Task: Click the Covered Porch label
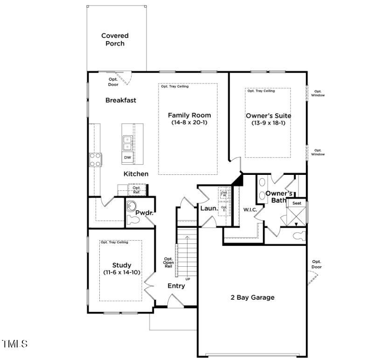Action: [115, 40]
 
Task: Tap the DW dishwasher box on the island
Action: [127, 158]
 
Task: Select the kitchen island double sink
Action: [127, 143]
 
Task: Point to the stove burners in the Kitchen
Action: [96, 159]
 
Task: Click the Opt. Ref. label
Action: [136, 190]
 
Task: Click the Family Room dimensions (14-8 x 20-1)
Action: [189, 123]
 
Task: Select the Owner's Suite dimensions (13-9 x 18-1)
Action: [268, 123]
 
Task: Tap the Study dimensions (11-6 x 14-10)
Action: [122, 272]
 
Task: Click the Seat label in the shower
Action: [297, 203]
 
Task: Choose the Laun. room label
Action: [209, 208]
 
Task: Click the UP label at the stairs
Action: [188, 279]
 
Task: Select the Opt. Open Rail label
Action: [168, 263]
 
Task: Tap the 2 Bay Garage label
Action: [253, 298]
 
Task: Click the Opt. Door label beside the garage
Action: [317, 264]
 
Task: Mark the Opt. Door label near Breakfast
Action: [113, 82]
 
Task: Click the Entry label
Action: [176, 286]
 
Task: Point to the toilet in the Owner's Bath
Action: [298, 236]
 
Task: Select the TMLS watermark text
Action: [15, 344]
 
